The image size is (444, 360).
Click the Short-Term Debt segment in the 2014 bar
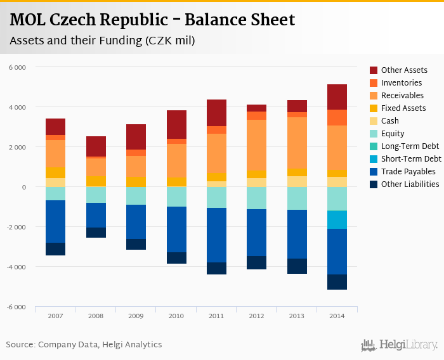click(x=337, y=219)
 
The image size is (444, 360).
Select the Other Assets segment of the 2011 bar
click(x=216, y=113)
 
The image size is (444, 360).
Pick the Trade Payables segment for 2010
click(x=176, y=229)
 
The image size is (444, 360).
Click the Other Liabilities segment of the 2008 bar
click(x=96, y=233)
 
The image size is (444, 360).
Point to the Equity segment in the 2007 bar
click(x=55, y=193)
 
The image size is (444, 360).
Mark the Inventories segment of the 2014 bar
click(x=337, y=117)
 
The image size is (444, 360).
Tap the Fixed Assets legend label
click(x=403, y=108)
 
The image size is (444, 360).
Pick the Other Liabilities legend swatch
click(x=374, y=184)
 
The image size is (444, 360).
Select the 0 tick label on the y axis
click(x=24, y=188)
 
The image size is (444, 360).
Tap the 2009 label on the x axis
click(x=136, y=315)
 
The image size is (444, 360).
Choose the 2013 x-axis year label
click(x=297, y=315)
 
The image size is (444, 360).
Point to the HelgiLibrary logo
click(x=400, y=345)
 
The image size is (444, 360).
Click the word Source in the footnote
click(x=20, y=345)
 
